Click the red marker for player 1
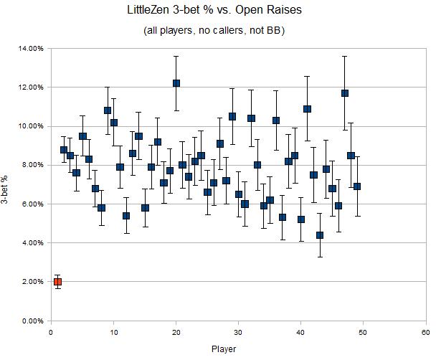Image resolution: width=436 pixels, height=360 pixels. coord(57,282)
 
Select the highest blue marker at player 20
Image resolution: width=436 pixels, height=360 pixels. coord(176,83)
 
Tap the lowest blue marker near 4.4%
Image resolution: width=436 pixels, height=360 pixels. coord(320,235)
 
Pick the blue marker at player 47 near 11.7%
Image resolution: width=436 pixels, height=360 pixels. coord(345,93)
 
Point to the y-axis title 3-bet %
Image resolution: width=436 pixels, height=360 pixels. coord(9,184)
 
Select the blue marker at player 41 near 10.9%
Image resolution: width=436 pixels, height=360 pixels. coord(307,109)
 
